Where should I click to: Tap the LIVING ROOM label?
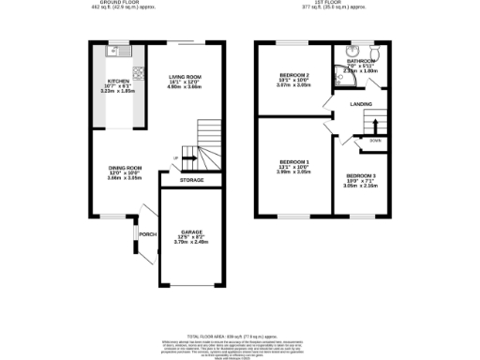point(186,77)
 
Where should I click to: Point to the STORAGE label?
point(191,180)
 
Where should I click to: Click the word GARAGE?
point(190,231)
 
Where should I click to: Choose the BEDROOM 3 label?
point(361,176)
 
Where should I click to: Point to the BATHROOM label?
point(361,60)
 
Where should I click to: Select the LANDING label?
point(363,104)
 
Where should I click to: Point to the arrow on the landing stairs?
point(374,125)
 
